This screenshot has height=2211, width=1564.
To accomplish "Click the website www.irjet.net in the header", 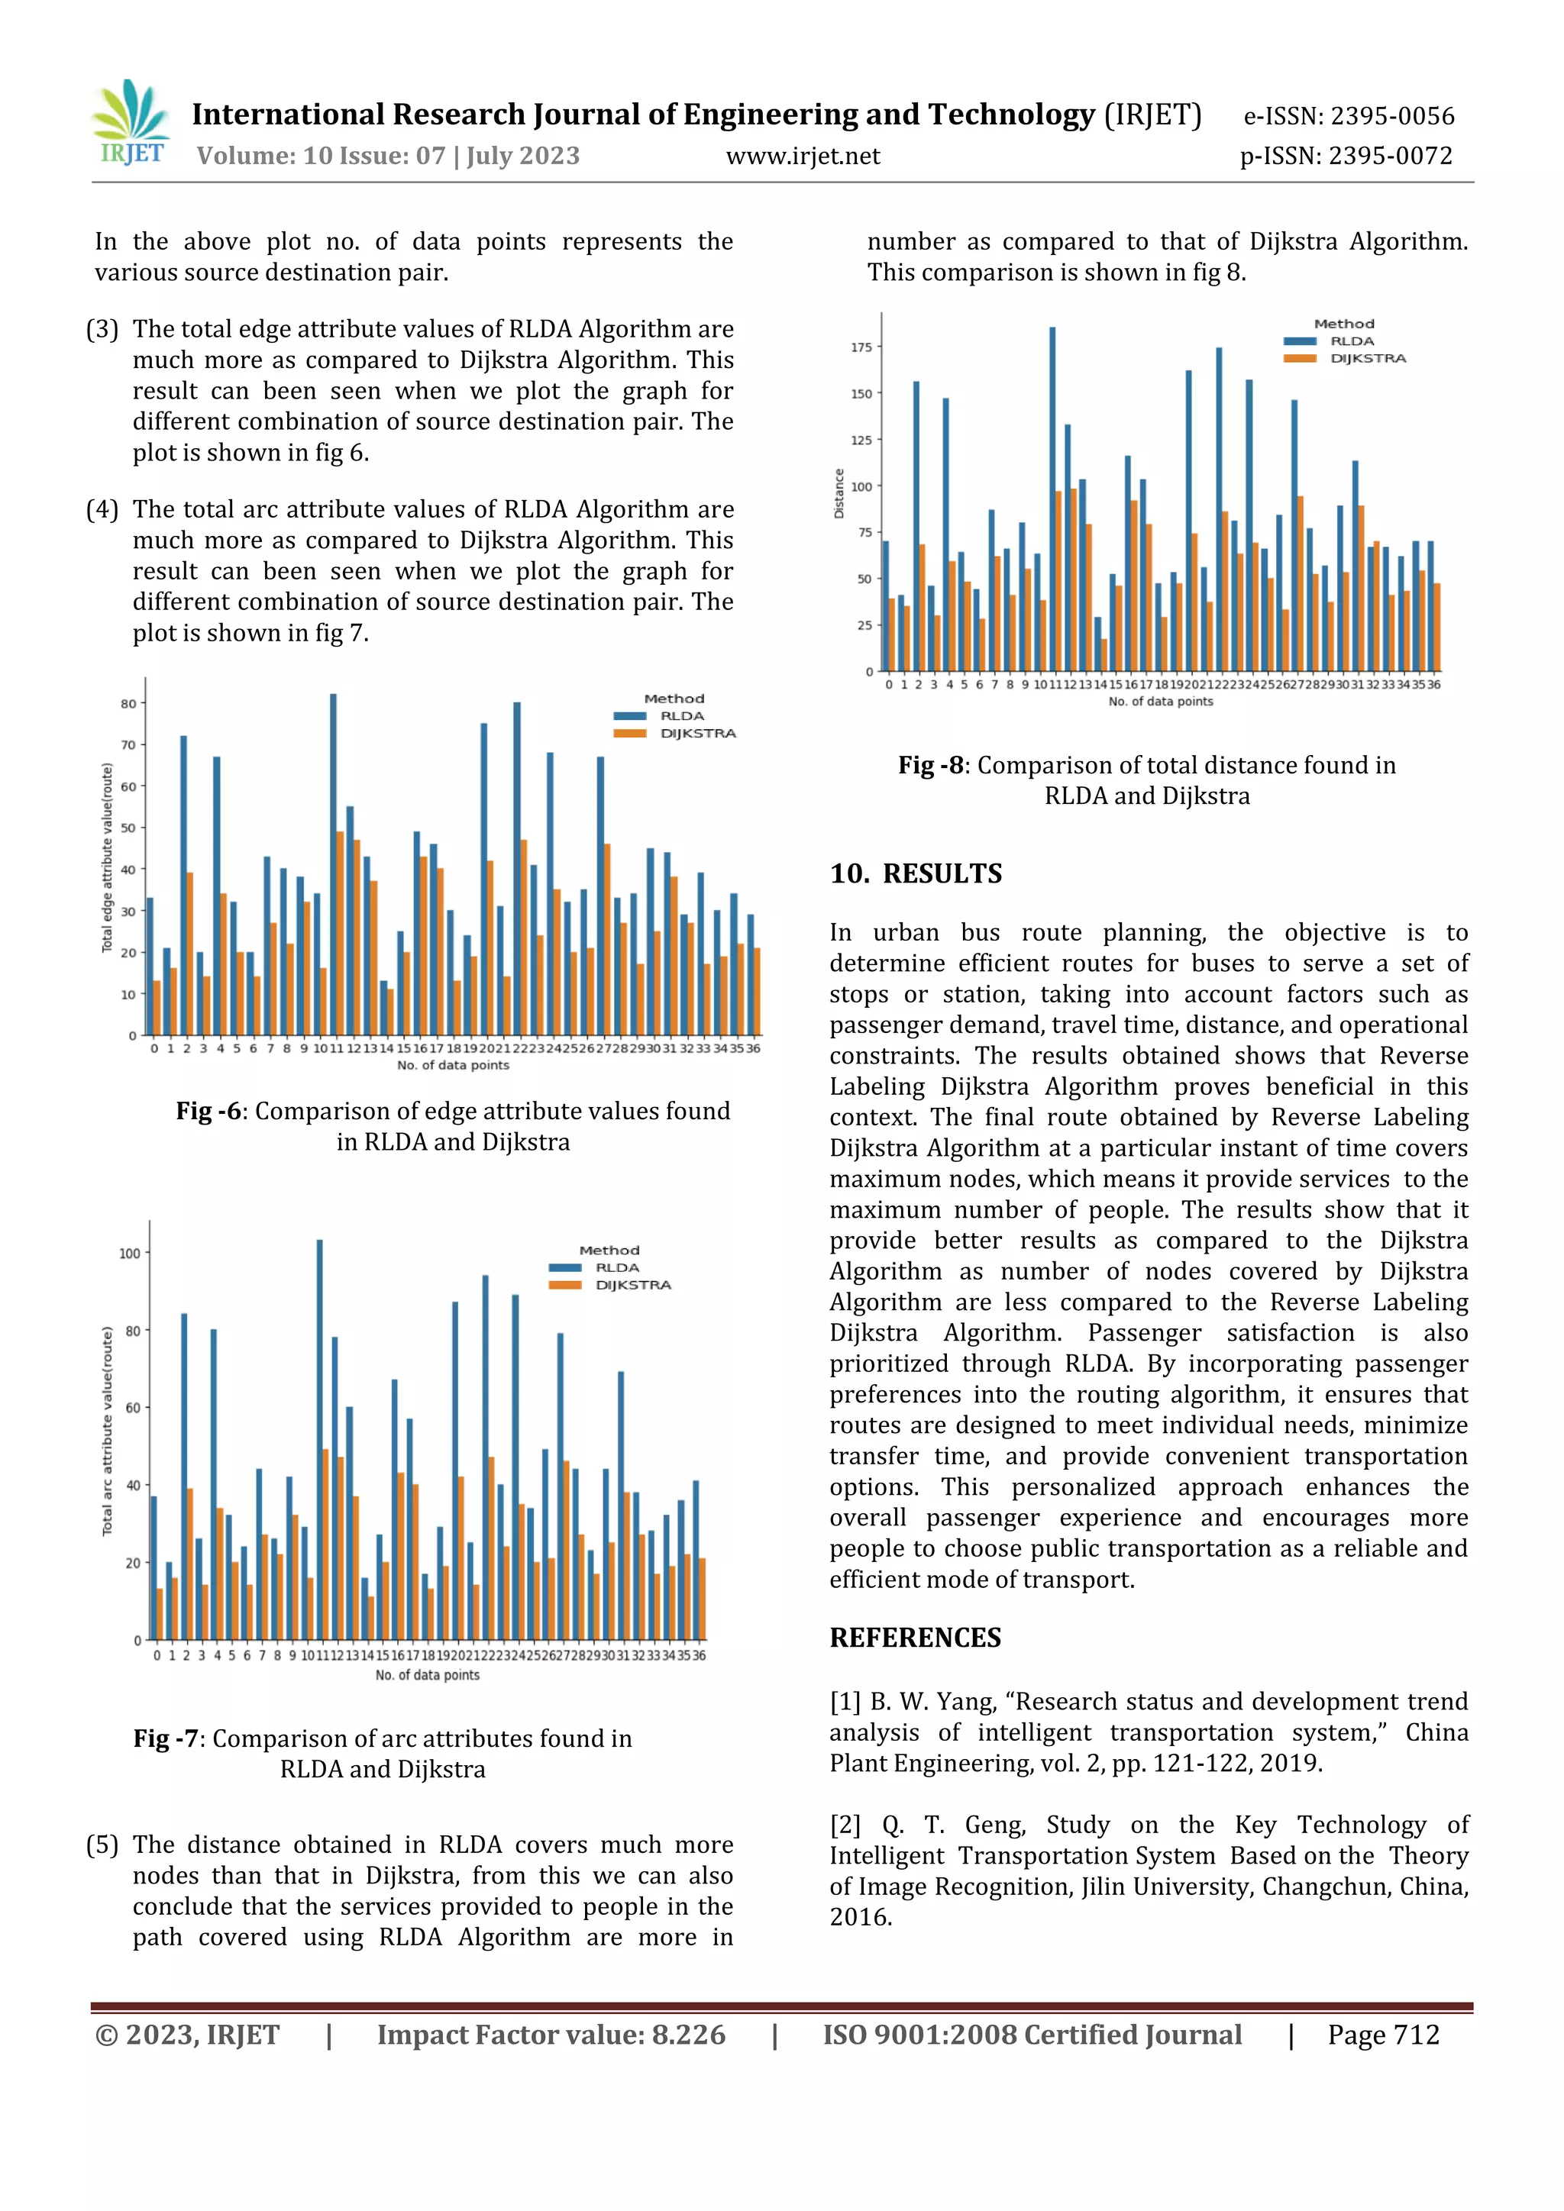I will tap(802, 156).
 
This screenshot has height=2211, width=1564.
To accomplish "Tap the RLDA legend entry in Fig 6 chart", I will tap(681, 716).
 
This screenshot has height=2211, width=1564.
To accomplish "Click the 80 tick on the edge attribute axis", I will tap(128, 704).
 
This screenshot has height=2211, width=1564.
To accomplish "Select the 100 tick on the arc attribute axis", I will tap(129, 1253).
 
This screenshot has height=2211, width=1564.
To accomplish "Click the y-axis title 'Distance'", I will tap(839, 493).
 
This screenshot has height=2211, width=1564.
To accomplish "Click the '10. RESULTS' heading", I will tap(916, 873).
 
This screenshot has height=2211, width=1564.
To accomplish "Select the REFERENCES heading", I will tap(915, 1638).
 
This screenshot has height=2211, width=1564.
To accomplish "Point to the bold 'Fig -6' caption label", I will tap(208, 1112).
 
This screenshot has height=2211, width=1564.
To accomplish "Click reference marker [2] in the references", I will tap(845, 1825).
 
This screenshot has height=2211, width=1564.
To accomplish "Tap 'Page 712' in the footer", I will tap(1383, 2035).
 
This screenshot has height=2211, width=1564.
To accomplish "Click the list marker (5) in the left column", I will tap(102, 1845).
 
